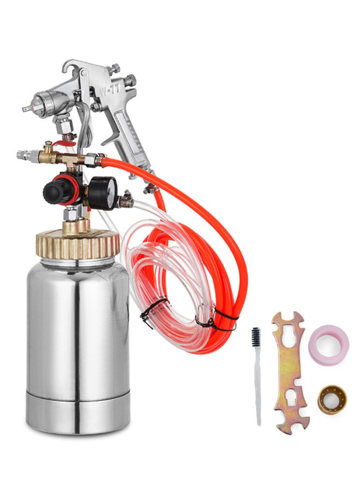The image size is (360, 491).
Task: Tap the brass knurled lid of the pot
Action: coord(77,244)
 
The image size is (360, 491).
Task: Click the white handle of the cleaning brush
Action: coord(257,387)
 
